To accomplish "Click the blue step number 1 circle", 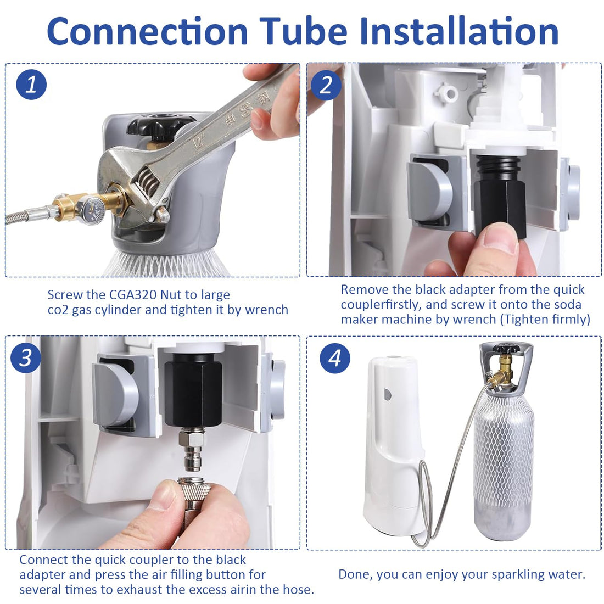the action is click(31, 85).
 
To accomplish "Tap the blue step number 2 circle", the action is click(326, 85).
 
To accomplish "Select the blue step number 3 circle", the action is click(25, 358).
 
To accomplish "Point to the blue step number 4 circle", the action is click(335, 358).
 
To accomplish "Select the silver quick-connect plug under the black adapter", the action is click(193, 451).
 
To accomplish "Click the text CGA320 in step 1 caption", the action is click(133, 295).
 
